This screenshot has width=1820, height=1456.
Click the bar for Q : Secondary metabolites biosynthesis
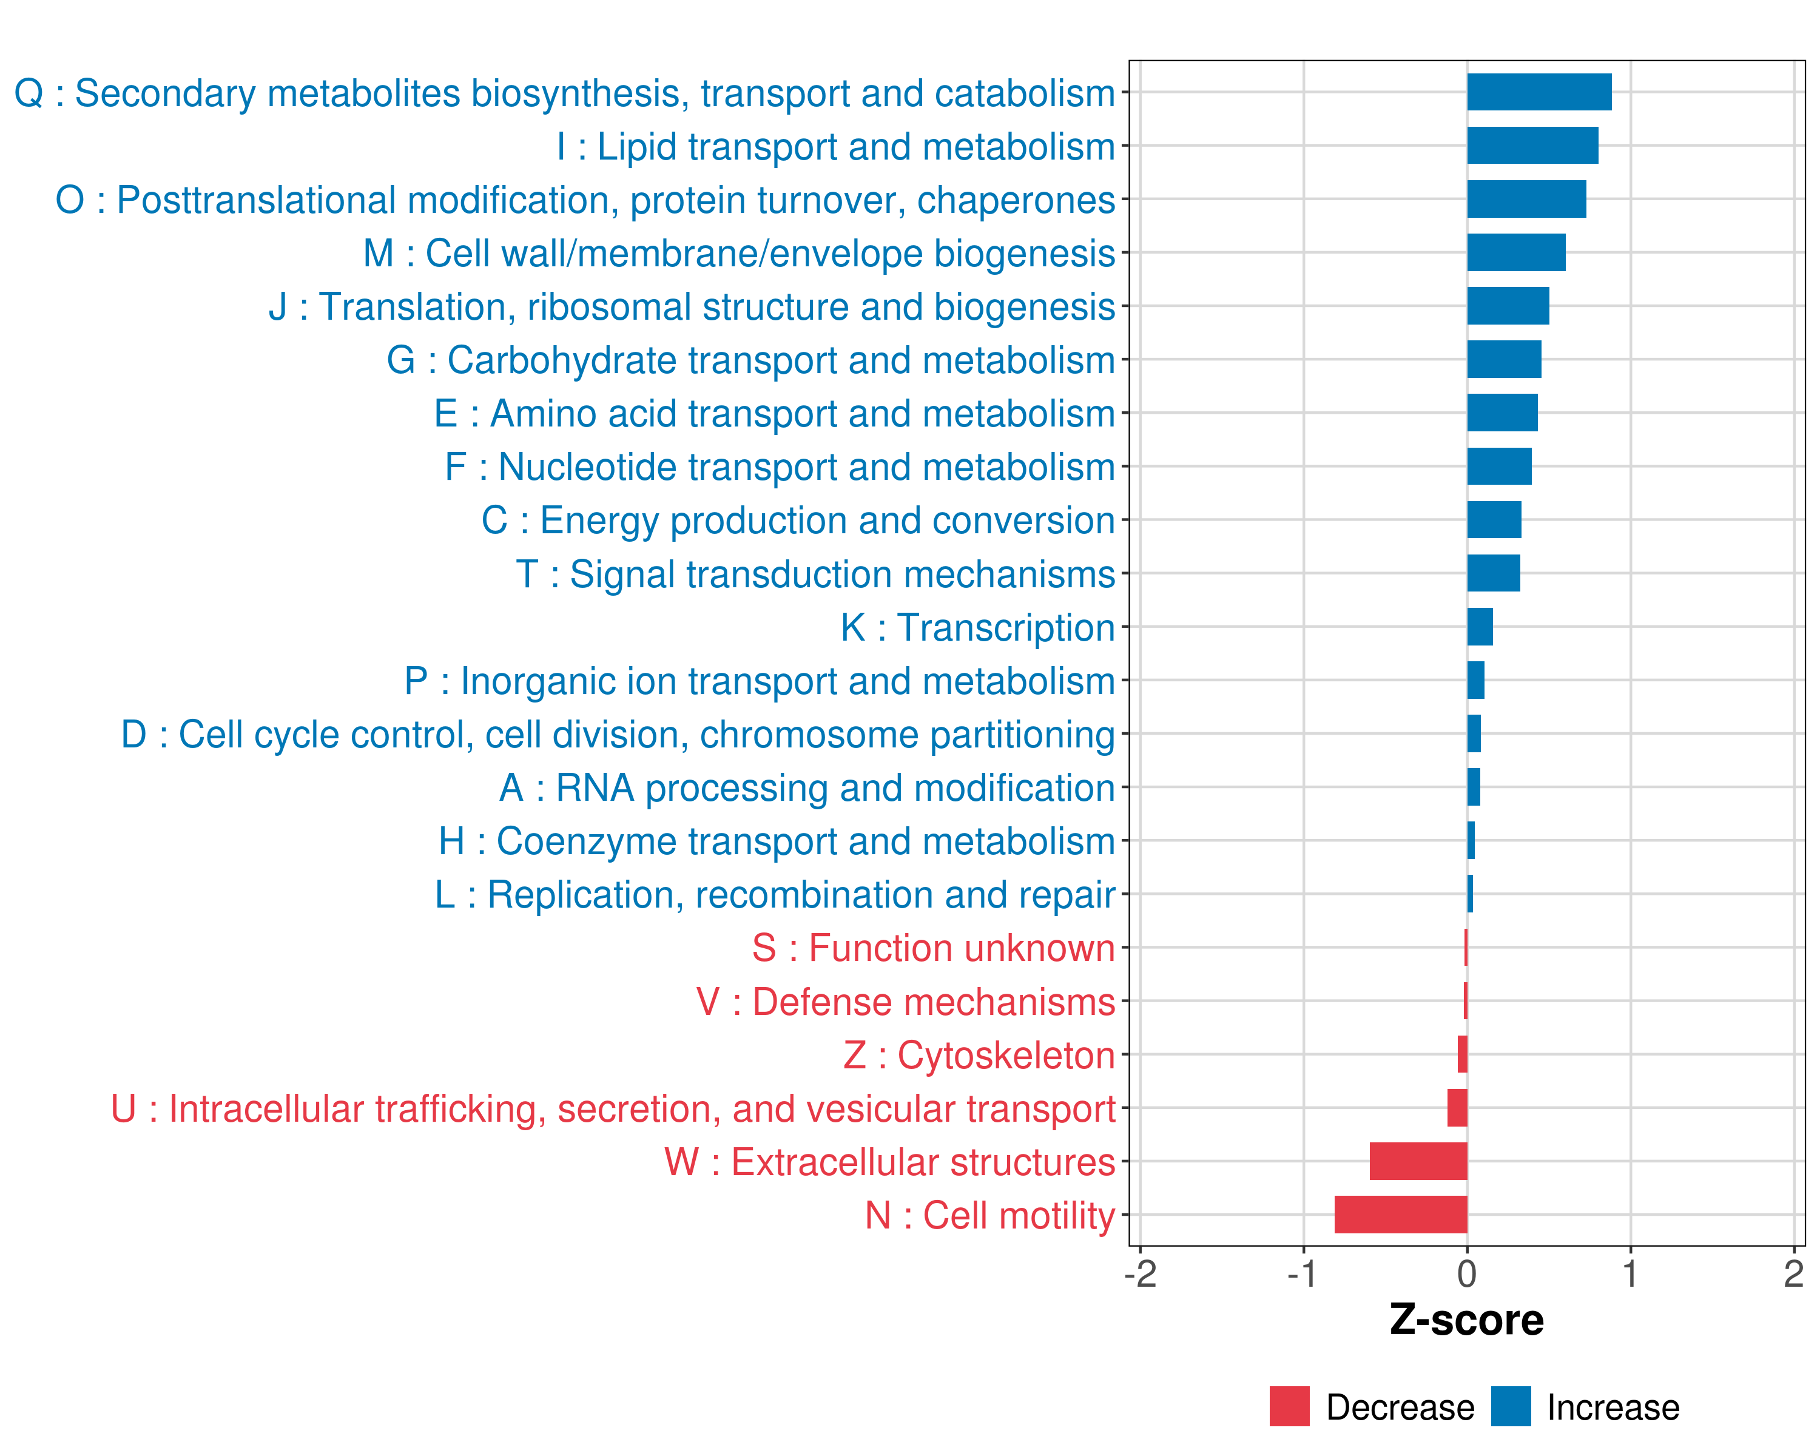tap(1539, 92)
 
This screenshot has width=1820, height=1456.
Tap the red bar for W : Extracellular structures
tap(1418, 1161)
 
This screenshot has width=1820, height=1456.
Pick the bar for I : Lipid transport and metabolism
tap(1532, 145)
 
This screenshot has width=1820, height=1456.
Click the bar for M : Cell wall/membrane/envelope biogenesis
tap(1516, 252)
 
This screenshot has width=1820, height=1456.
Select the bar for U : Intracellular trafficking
tap(1457, 1107)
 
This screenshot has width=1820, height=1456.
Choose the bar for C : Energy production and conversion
tap(1494, 519)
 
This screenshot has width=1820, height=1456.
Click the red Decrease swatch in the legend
tap(1289, 1406)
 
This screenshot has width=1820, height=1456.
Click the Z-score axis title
tap(1466, 1319)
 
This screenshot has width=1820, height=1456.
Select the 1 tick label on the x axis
tap(1630, 1273)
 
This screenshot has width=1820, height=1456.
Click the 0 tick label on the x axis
tap(1467, 1273)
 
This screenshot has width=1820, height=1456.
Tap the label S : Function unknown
tap(934, 948)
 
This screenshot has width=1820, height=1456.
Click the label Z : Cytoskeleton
tap(979, 1055)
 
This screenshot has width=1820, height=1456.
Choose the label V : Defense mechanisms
tap(906, 1002)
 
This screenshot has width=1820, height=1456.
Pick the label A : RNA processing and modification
tap(807, 787)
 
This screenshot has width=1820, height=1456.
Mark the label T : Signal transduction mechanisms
tap(815, 574)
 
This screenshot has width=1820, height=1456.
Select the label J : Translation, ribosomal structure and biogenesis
tap(692, 306)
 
